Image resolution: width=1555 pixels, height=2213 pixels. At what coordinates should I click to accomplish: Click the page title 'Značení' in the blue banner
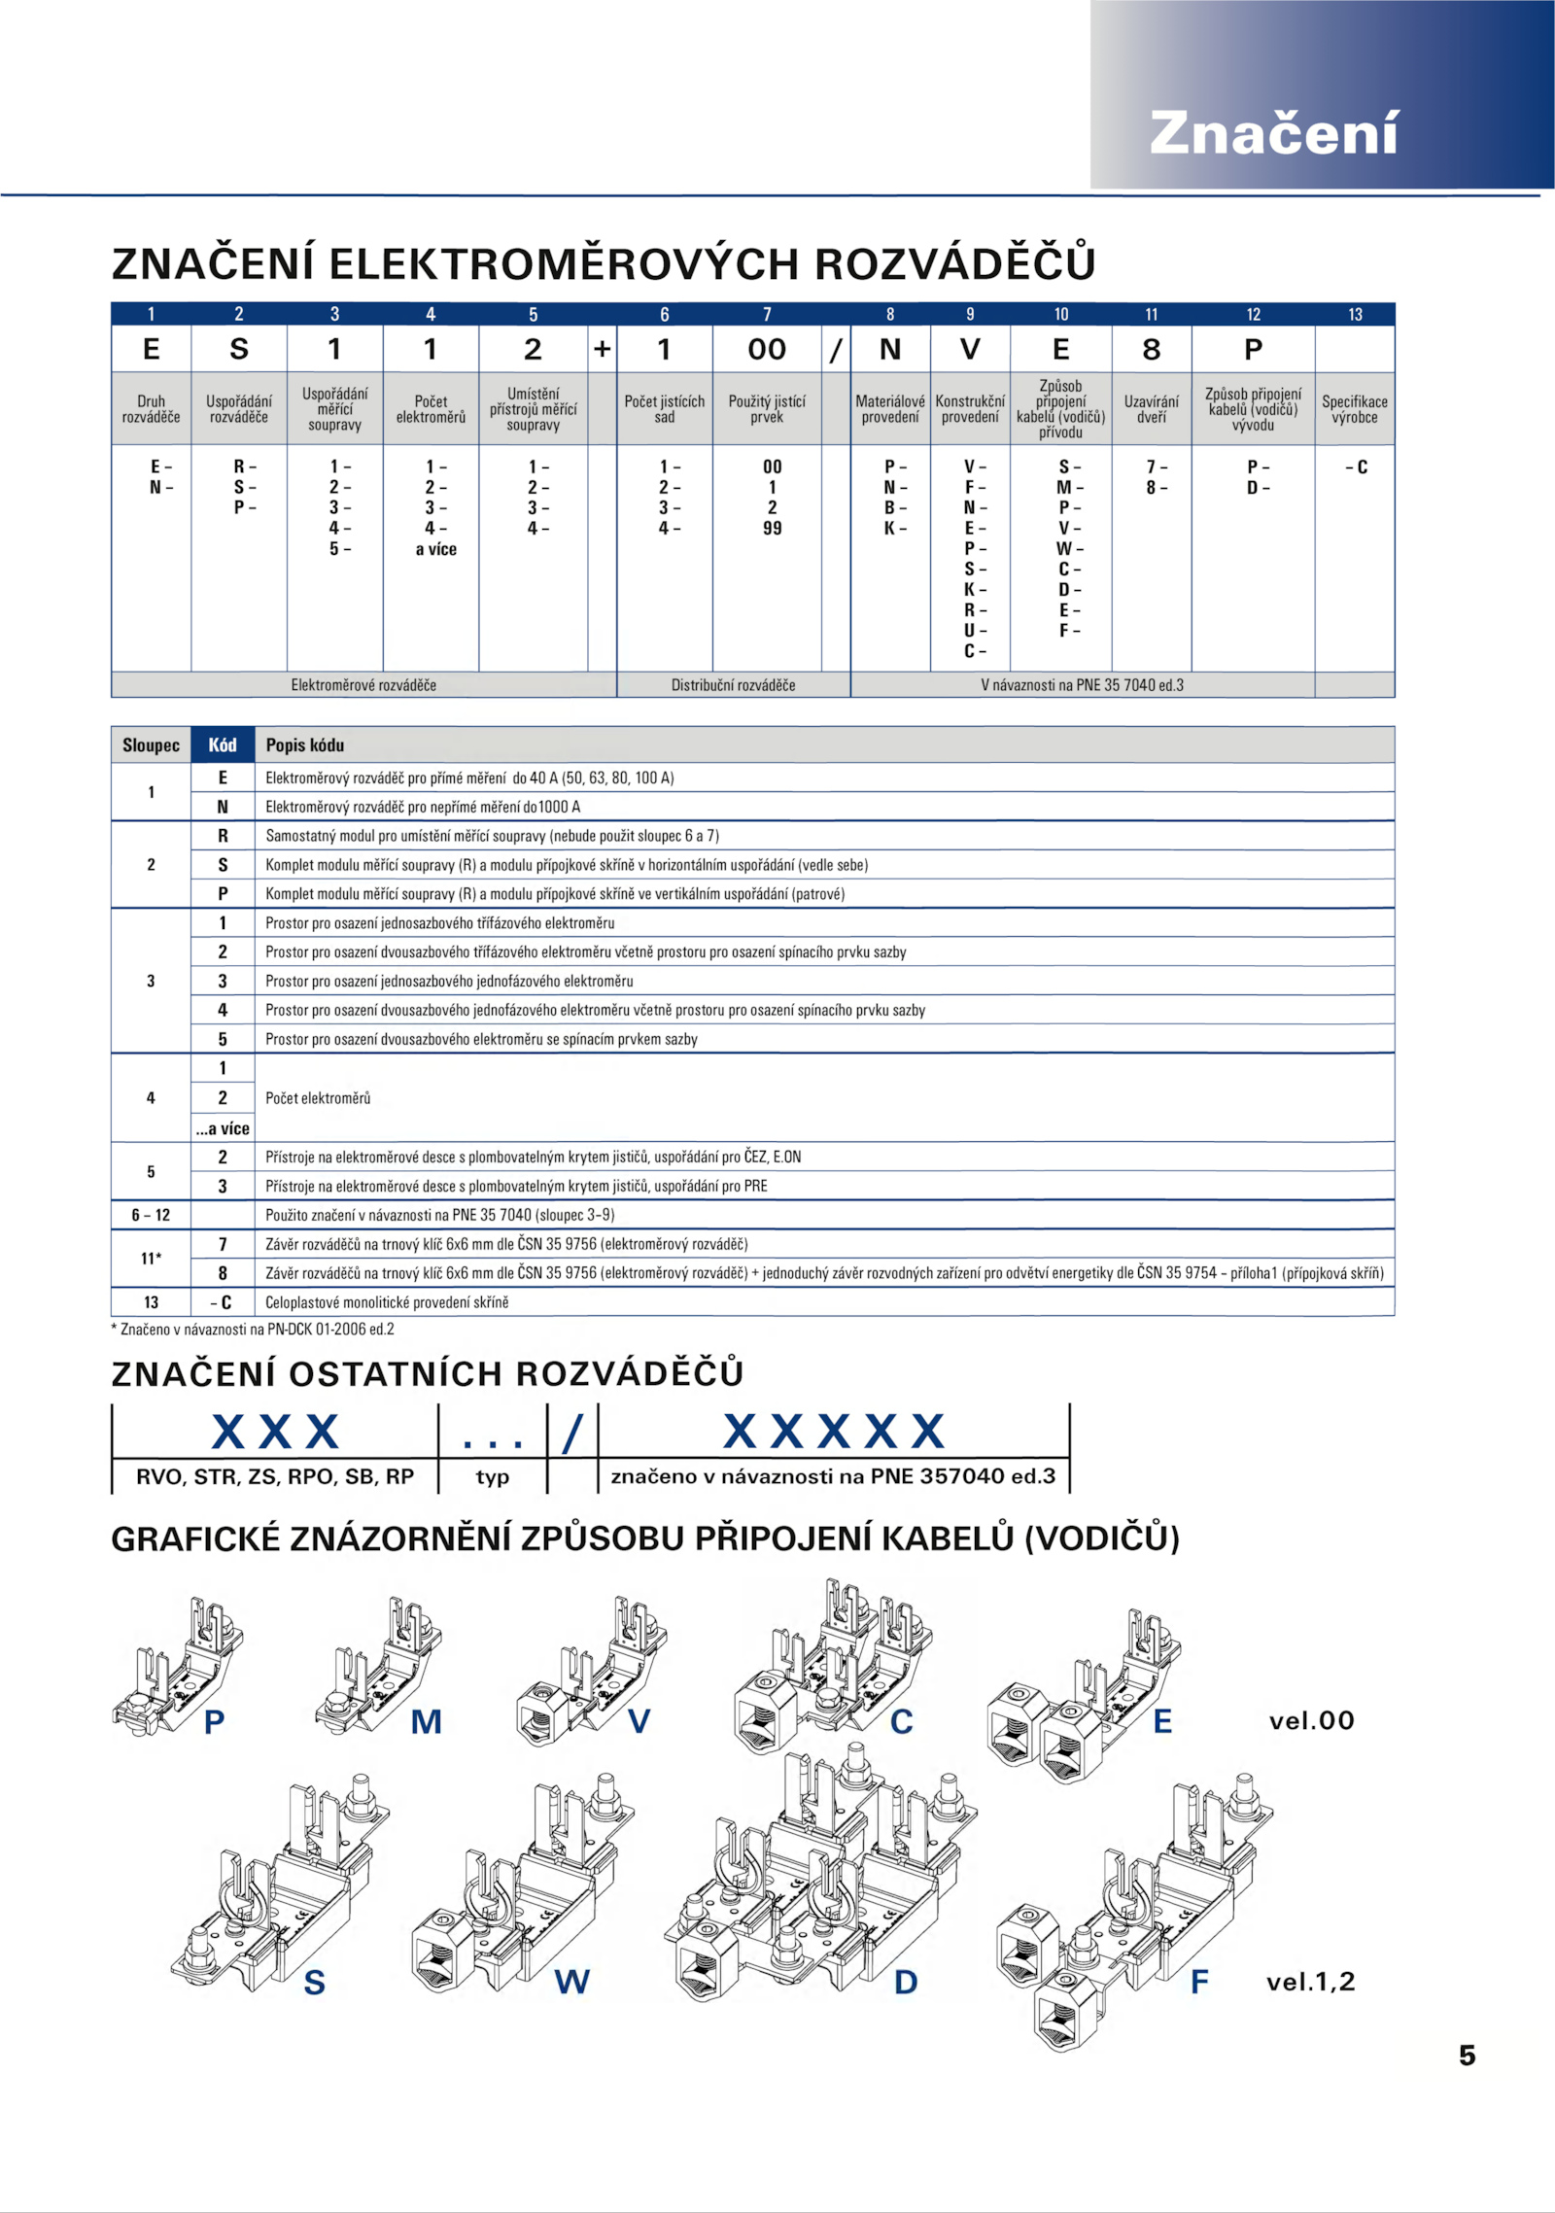[1273, 133]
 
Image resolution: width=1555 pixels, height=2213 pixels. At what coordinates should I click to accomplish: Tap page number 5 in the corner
[1467, 2055]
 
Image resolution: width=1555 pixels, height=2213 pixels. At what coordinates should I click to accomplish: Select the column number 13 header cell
[1355, 314]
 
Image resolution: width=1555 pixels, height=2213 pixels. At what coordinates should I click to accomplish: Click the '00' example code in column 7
[767, 349]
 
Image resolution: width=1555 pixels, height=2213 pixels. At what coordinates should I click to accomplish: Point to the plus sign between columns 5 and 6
[603, 349]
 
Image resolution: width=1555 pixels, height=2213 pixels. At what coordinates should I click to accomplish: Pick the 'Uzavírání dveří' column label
[1151, 409]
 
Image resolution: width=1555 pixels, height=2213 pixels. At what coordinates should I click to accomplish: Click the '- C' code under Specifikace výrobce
[1356, 467]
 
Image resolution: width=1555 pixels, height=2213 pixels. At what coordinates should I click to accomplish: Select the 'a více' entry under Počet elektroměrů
[435, 549]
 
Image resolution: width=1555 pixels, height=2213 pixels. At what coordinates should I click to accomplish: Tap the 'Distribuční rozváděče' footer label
[733, 685]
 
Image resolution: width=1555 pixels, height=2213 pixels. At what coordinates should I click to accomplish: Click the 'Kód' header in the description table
[223, 745]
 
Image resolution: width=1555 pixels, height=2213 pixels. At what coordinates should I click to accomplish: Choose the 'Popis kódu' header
[305, 745]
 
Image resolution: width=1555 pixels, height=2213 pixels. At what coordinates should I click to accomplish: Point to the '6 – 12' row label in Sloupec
[151, 1215]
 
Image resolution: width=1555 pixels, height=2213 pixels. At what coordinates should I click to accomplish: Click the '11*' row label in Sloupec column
[151, 1259]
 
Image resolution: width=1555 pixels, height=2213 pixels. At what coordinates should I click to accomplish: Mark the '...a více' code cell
[223, 1128]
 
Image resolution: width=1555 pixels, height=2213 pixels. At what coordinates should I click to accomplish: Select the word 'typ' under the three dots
[493, 1477]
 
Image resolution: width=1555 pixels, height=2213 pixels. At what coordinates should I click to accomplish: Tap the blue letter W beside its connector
[571, 1982]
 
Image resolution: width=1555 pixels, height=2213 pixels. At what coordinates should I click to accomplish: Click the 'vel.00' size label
[1311, 1721]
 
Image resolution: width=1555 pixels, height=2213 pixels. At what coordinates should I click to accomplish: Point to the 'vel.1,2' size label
[1310, 1982]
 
